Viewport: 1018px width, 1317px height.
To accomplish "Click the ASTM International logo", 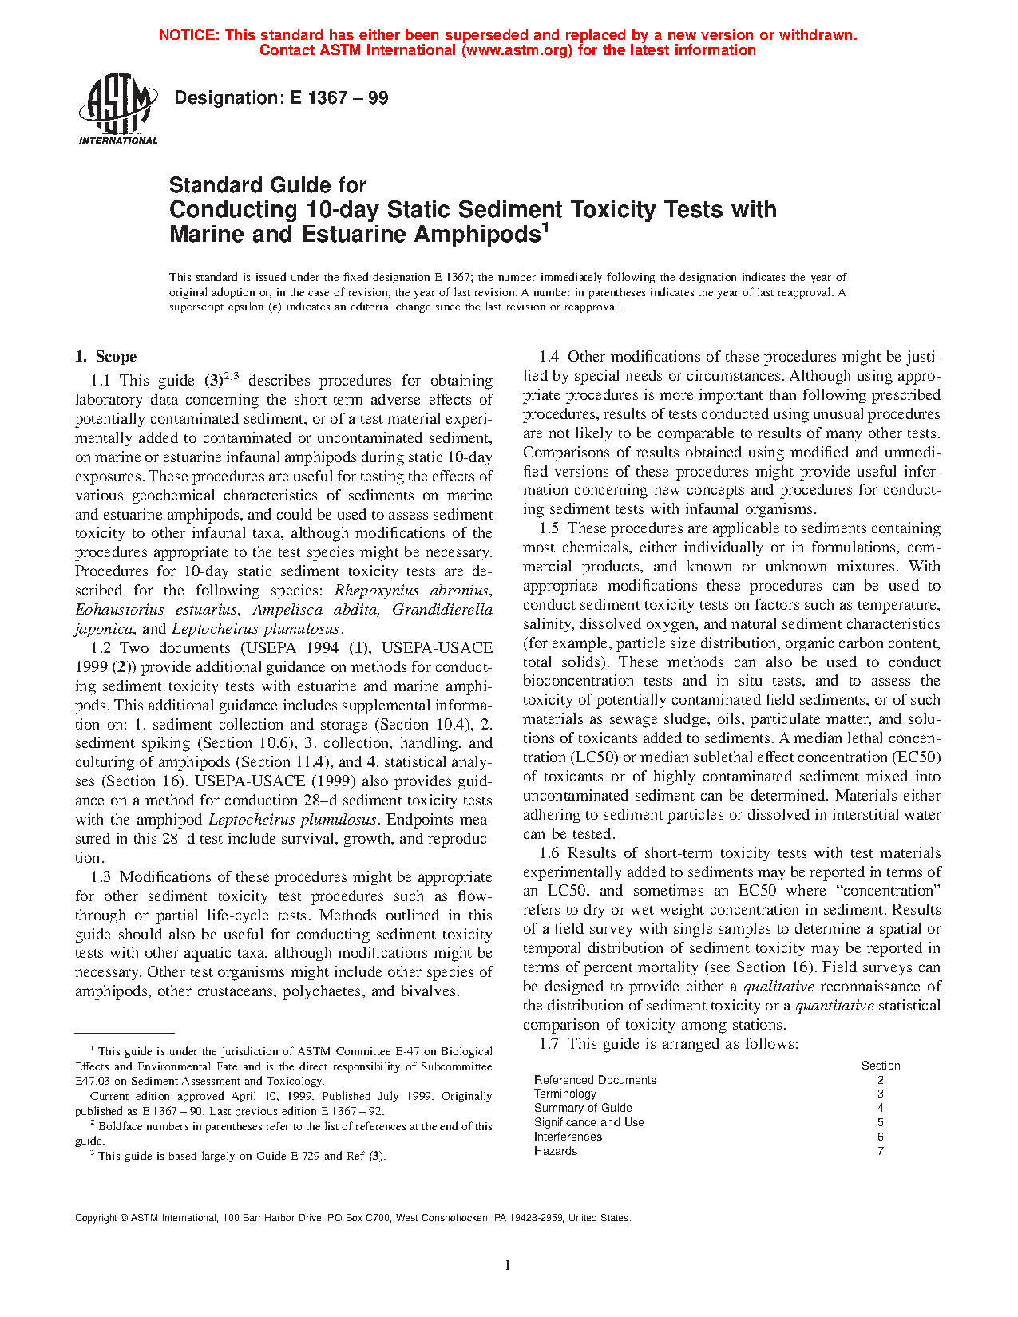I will (117, 109).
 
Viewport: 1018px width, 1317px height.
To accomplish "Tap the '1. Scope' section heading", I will (105, 357).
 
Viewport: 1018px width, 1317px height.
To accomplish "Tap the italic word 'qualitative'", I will (778, 987).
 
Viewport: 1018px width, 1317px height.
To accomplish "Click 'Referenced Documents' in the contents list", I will (595, 1080).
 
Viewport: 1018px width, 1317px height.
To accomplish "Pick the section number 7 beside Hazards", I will (881, 1151).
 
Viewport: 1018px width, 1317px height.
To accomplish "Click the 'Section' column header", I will (881, 1066).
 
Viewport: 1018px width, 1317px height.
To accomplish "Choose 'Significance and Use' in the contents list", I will (588, 1122).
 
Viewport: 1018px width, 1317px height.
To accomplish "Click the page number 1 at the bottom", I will (508, 1264).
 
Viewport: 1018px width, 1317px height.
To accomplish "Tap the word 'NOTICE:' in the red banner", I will (189, 35).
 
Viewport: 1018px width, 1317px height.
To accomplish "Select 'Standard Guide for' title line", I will (267, 185).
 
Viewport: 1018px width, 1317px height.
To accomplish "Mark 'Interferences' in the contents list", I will (568, 1137).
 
